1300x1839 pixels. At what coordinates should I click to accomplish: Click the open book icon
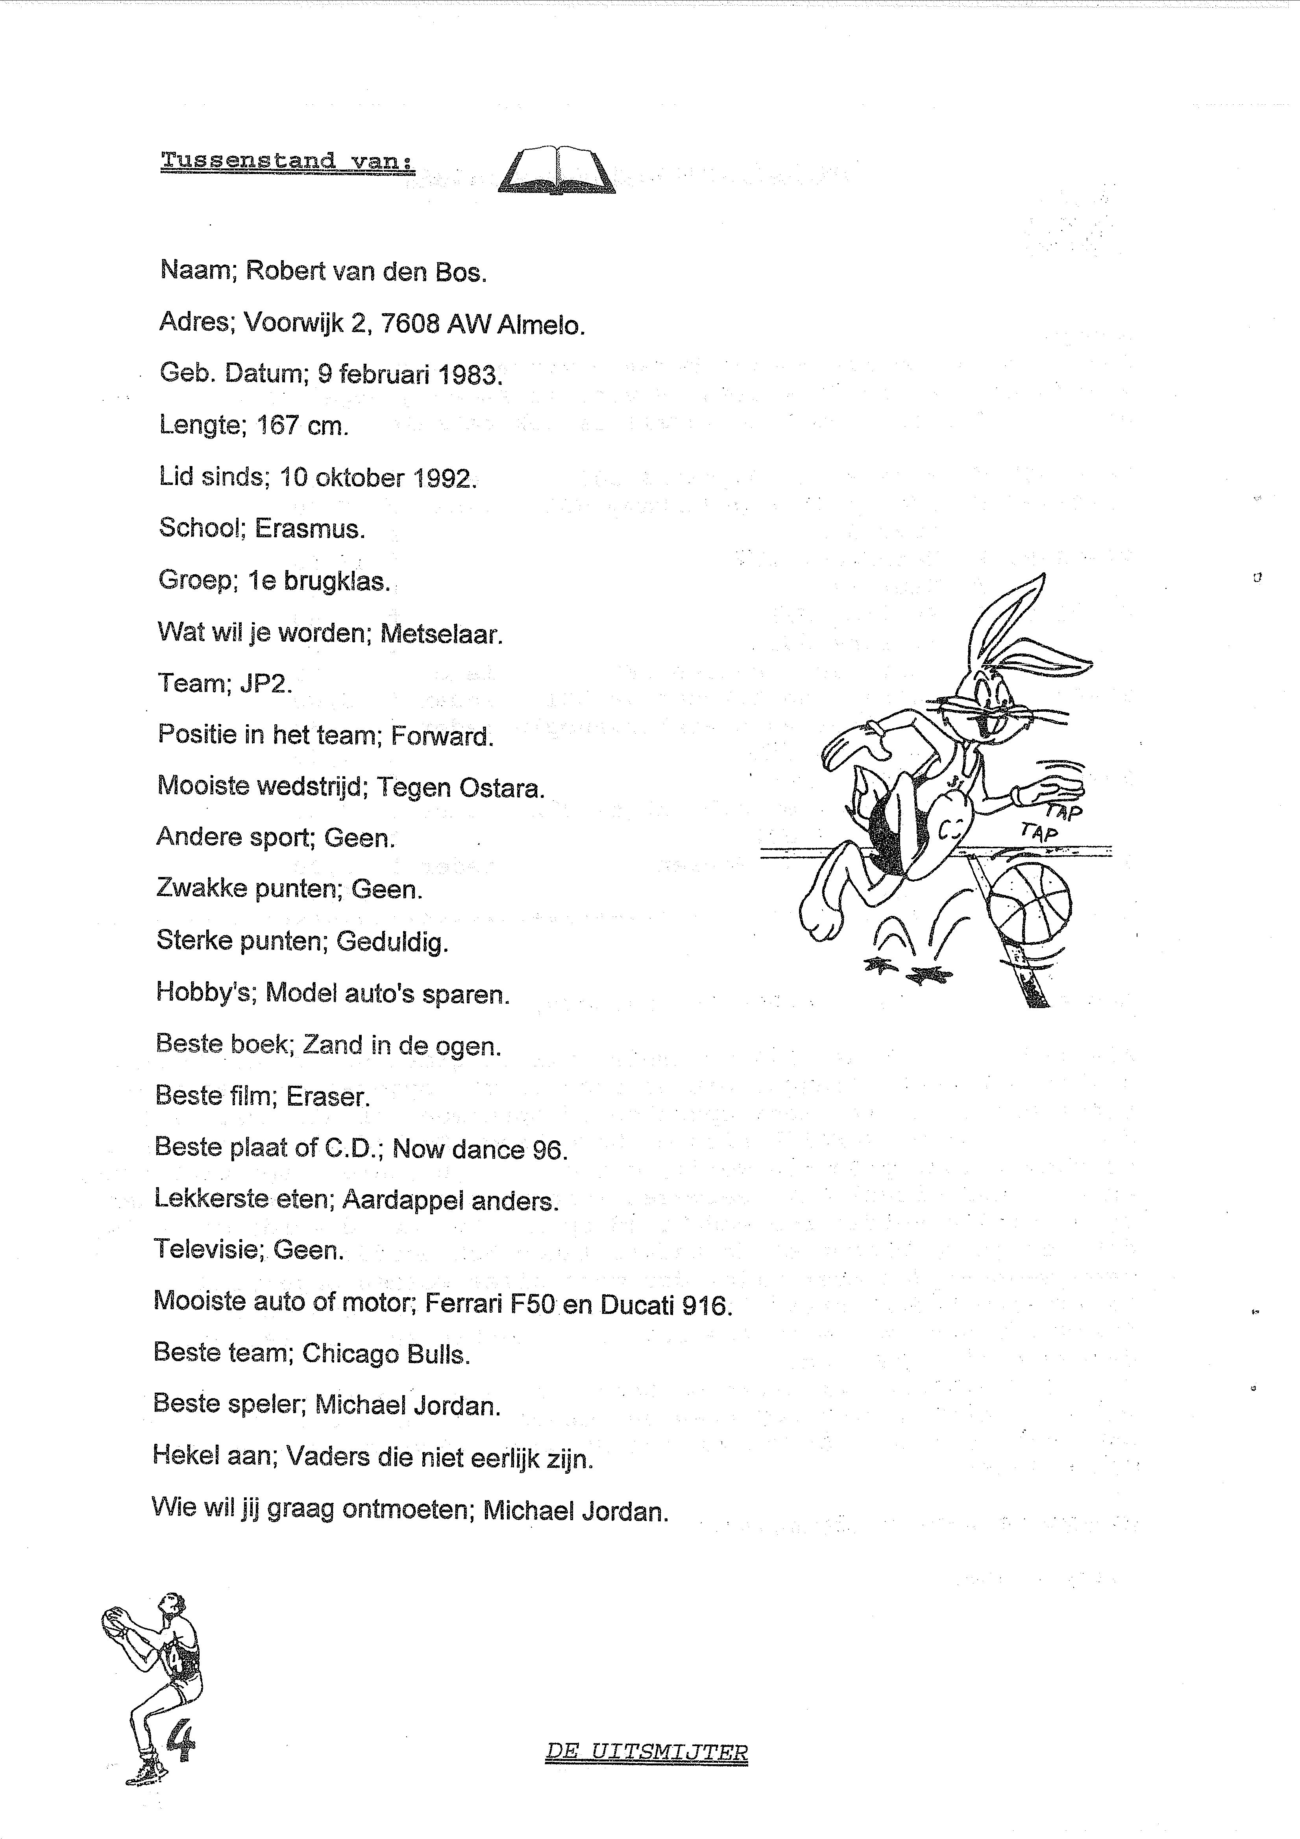[557, 170]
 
